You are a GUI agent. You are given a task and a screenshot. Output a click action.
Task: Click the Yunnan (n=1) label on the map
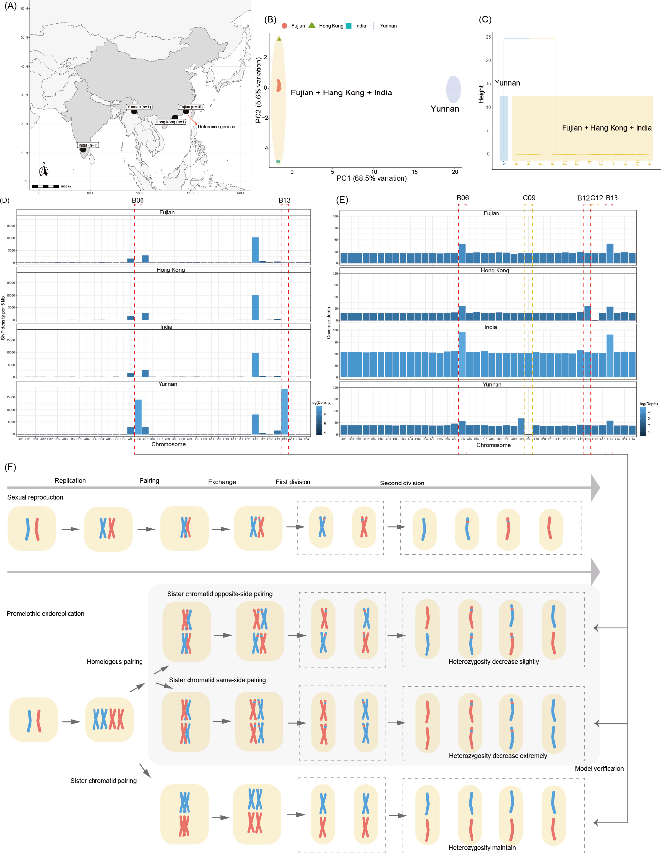pyautogui.click(x=140, y=107)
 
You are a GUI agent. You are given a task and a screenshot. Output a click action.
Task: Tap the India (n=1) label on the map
pyautogui.click(x=88, y=145)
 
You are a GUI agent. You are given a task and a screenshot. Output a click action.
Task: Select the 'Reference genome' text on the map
pyautogui.click(x=217, y=127)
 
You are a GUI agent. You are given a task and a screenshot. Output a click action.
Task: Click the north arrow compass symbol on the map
pyautogui.click(x=44, y=170)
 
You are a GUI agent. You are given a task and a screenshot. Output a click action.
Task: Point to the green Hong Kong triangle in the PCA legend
pyautogui.click(x=312, y=25)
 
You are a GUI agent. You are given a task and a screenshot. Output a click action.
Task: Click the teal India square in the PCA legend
pyautogui.click(x=348, y=26)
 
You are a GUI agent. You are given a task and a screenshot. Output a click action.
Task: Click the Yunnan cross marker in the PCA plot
pyautogui.click(x=453, y=89)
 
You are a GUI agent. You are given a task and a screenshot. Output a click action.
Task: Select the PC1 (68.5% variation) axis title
pyautogui.click(x=372, y=178)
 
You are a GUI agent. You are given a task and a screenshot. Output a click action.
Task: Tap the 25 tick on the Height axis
pyautogui.click(x=488, y=37)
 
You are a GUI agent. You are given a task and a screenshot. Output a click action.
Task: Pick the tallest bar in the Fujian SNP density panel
pyautogui.click(x=255, y=250)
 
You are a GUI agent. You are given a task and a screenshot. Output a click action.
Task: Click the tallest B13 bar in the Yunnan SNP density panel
pyautogui.click(x=284, y=411)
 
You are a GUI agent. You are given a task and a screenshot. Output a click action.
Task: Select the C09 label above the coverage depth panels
pyautogui.click(x=529, y=198)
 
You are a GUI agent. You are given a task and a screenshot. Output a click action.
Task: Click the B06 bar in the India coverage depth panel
pyautogui.click(x=462, y=354)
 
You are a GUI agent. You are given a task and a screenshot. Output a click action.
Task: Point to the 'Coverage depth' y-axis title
pyautogui.click(x=329, y=323)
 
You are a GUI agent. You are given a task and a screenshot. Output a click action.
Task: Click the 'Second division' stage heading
pyautogui.click(x=402, y=483)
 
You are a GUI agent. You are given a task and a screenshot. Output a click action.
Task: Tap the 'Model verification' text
pyautogui.click(x=599, y=768)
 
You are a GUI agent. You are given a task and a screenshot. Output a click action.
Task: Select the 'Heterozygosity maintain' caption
pyautogui.click(x=482, y=847)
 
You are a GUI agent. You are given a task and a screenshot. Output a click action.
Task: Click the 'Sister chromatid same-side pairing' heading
pyautogui.click(x=217, y=680)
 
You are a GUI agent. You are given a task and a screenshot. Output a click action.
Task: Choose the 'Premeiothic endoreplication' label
pyautogui.click(x=46, y=613)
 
